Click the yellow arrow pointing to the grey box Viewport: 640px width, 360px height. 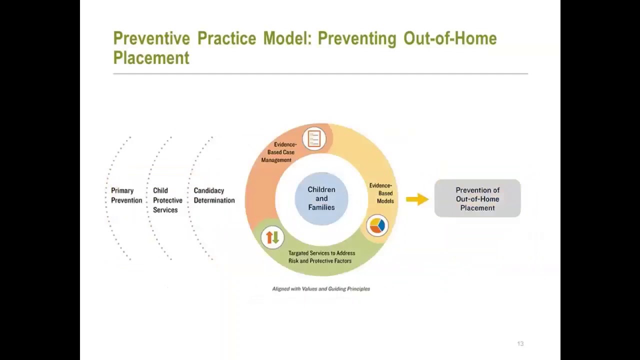point(417,199)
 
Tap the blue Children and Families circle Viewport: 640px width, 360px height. point(321,198)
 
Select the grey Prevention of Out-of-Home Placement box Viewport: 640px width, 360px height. point(477,198)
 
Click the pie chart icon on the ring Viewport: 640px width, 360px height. point(377,225)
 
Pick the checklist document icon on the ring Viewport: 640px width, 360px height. point(314,138)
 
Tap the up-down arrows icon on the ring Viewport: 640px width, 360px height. point(272,237)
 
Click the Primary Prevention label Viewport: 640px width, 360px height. point(126,195)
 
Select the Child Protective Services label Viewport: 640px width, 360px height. point(167,200)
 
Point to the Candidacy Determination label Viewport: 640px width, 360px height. point(214,195)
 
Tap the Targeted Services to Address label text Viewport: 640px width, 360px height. point(321,253)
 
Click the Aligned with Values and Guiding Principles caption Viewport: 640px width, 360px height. point(321,289)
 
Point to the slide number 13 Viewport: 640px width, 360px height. point(520,344)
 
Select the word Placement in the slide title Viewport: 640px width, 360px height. point(151,57)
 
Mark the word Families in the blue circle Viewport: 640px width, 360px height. point(321,207)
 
